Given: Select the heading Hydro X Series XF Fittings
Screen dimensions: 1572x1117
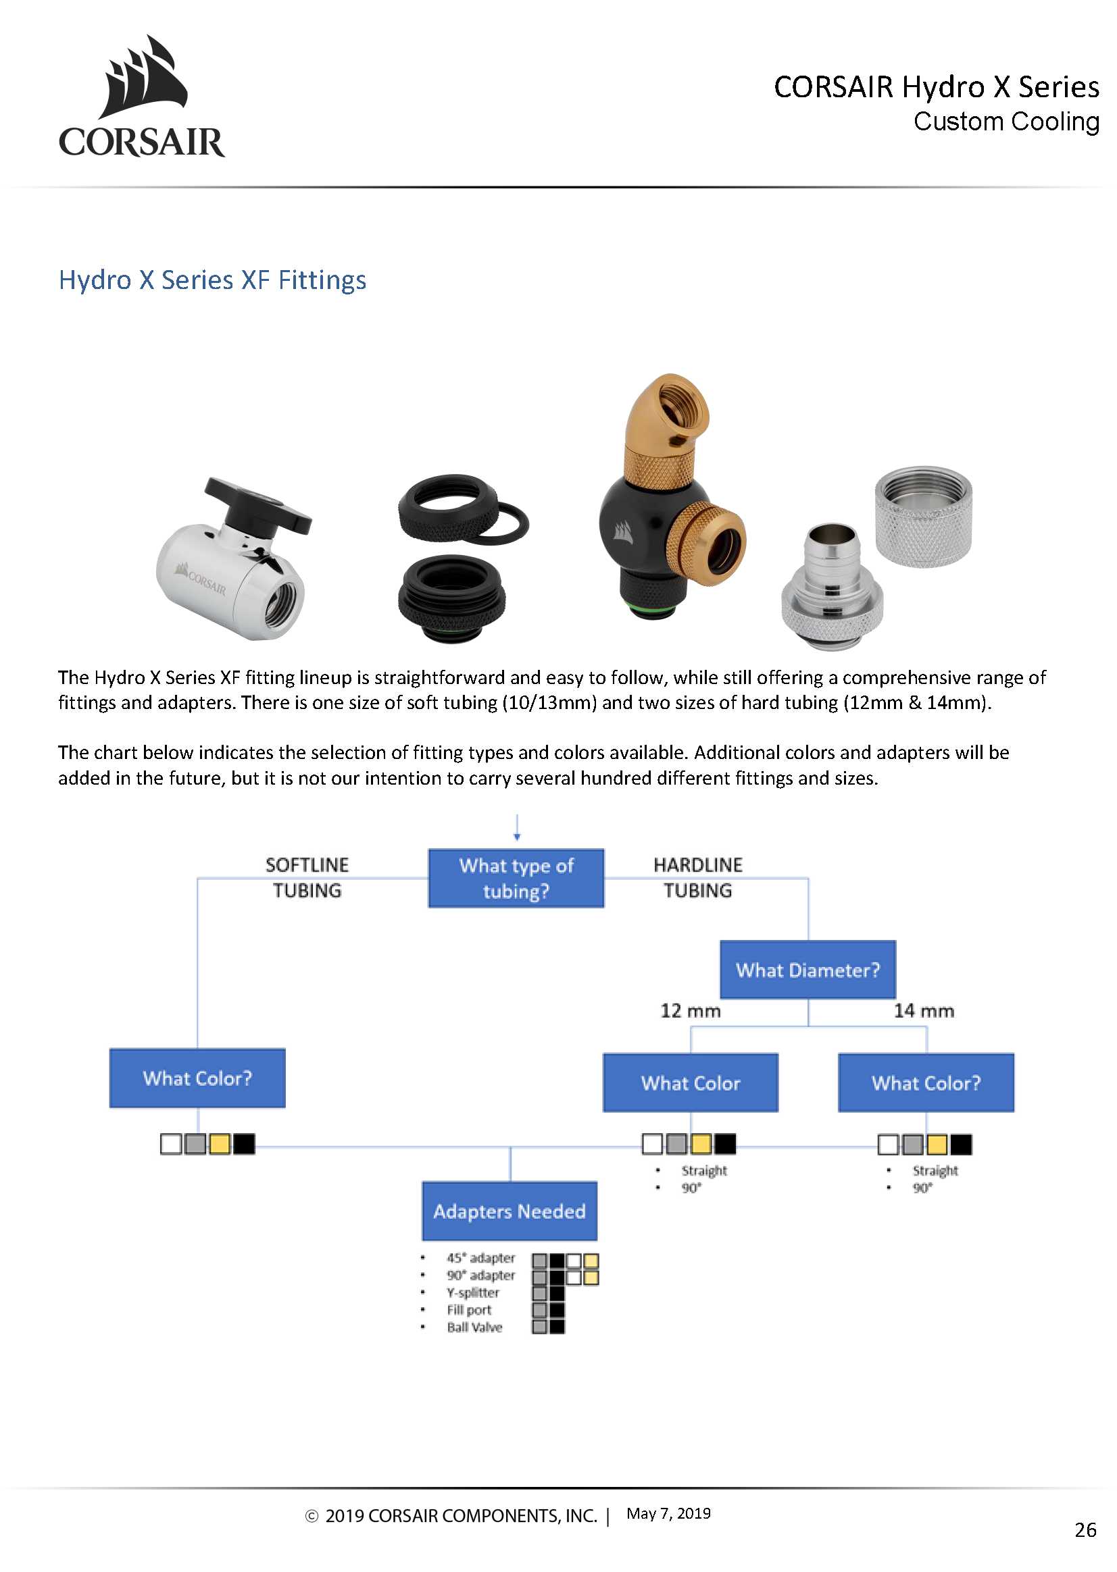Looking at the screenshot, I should [212, 280].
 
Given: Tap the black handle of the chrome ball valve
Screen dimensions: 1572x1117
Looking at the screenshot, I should [259, 505].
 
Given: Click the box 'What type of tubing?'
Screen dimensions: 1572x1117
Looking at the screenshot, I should [516, 878].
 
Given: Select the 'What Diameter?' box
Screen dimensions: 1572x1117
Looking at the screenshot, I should [808, 969].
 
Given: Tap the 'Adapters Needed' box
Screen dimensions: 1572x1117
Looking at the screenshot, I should [509, 1211].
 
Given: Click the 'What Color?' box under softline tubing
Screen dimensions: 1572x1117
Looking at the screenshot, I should [197, 1077].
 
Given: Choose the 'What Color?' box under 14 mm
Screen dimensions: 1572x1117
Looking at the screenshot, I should [926, 1082].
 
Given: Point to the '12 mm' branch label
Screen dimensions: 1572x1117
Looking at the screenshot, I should [690, 1010].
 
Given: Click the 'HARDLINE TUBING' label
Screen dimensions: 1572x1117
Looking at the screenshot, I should [697, 877].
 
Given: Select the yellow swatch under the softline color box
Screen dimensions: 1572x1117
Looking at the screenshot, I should [220, 1144].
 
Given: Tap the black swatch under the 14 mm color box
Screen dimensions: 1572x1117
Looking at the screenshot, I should [961, 1145].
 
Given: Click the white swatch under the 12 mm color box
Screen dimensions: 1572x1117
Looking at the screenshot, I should [652, 1144].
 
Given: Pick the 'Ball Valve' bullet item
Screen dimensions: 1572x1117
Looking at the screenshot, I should [474, 1328].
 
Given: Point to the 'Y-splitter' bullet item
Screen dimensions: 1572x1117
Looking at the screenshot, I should [473, 1292].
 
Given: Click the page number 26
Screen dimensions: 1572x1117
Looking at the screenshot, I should [1085, 1529].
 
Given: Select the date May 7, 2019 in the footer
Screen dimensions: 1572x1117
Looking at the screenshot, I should [668, 1513].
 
